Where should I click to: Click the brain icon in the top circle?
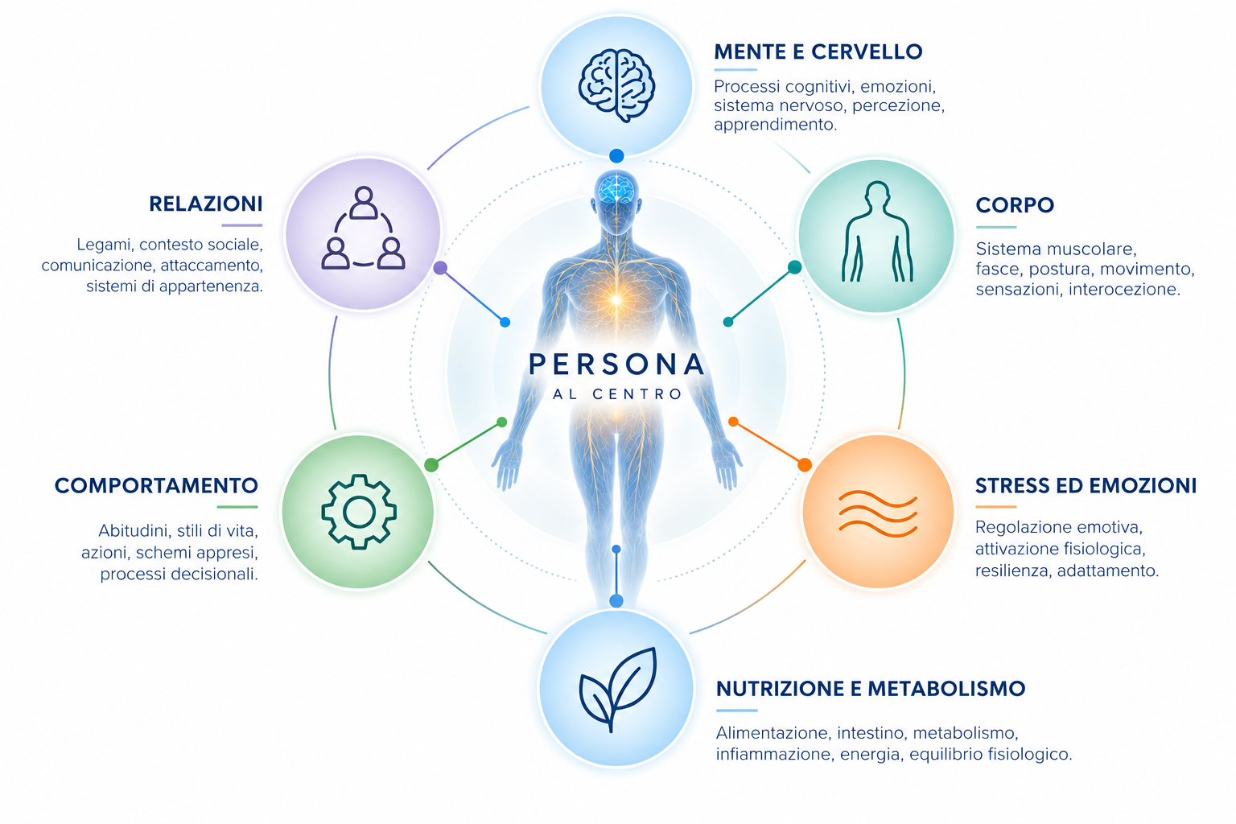click(x=616, y=85)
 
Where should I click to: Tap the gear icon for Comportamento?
click(x=359, y=512)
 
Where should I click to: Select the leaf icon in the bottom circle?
click(x=617, y=690)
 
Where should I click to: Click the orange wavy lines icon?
click(x=877, y=513)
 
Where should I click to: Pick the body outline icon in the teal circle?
click(x=877, y=231)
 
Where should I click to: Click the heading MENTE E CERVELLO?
click(x=818, y=51)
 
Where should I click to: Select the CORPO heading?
click(x=1015, y=205)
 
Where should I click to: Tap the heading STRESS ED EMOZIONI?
click(x=1086, y=486)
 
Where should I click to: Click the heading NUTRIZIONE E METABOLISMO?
click(x=871, y=689)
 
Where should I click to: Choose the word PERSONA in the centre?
click(x=616, y=365)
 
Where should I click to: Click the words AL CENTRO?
click(x=617, y=394)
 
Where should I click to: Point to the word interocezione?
click(x=1124, y=289)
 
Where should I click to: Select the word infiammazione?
click(x=773, y=755)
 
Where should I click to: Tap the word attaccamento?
click(x=212, y=266)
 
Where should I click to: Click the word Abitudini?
click(x=133, y=531)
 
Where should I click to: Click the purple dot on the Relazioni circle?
click(x=440, y=268)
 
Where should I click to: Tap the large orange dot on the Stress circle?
click(x=805, y=465)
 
